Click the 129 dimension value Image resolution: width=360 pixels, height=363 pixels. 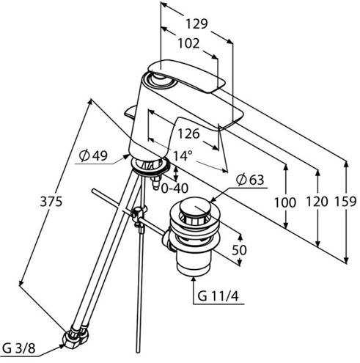196,24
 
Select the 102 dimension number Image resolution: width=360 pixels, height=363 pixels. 188,44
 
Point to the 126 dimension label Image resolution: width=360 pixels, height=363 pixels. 188,133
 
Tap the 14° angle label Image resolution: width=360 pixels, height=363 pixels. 183,155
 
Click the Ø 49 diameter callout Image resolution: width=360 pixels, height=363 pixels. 93,155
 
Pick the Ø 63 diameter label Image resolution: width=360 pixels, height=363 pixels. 250,180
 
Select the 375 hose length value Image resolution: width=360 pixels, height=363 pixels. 51,202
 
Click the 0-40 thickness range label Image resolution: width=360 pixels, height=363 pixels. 175,188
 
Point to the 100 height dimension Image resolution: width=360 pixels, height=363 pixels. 285,202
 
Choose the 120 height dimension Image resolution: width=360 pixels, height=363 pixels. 317,202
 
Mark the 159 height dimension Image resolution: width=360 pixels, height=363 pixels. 345,202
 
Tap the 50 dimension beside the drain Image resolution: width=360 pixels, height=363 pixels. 239,250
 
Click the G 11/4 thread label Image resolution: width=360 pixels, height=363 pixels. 218,296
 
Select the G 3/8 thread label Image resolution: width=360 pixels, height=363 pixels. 19,348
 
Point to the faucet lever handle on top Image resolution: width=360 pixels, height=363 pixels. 186,76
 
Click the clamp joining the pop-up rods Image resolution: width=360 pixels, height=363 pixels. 139,215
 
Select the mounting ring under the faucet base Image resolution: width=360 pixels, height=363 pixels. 150,167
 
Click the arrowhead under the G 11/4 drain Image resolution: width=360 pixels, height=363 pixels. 194,280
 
